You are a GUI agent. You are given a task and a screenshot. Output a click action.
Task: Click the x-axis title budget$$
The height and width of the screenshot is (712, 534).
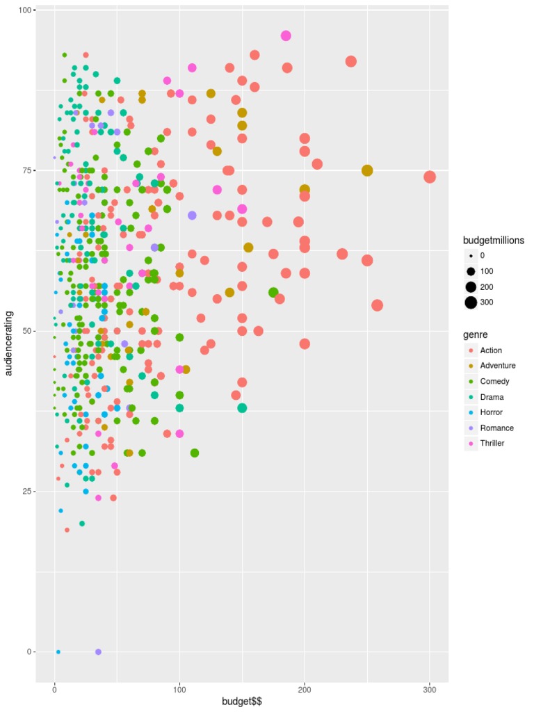click(x=241, y=702)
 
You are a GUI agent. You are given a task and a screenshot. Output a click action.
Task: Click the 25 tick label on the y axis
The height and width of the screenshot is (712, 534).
click(x=24, y=492)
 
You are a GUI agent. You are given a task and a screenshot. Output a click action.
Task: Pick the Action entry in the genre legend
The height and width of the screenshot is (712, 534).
click(x=491, y=350)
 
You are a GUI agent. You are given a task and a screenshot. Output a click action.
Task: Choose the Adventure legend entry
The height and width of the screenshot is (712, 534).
click(x=497, y=366)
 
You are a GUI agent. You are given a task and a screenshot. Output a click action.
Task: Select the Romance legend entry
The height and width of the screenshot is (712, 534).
click(x=496, y=428)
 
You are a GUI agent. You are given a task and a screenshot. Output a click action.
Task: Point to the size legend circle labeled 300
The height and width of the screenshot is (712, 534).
click(x=471, y=302)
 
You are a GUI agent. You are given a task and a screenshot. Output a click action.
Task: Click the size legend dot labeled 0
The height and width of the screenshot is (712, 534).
click(x=471, y=256)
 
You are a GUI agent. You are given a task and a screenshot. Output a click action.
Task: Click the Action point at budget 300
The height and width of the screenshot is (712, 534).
click(x=430, y=177)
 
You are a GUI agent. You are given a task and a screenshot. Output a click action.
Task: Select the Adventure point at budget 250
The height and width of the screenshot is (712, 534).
click(x=367, y=170)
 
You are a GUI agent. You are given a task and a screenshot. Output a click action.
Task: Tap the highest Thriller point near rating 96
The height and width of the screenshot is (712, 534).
click(x=286, y=35)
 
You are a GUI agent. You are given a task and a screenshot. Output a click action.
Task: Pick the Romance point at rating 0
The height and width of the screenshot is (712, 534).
click(x=98, y=652)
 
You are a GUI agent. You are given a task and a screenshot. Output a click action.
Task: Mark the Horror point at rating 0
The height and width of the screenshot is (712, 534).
click(x=58, y=652)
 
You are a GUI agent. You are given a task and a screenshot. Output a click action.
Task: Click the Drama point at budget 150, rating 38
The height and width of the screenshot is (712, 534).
click(x=242, y=408)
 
